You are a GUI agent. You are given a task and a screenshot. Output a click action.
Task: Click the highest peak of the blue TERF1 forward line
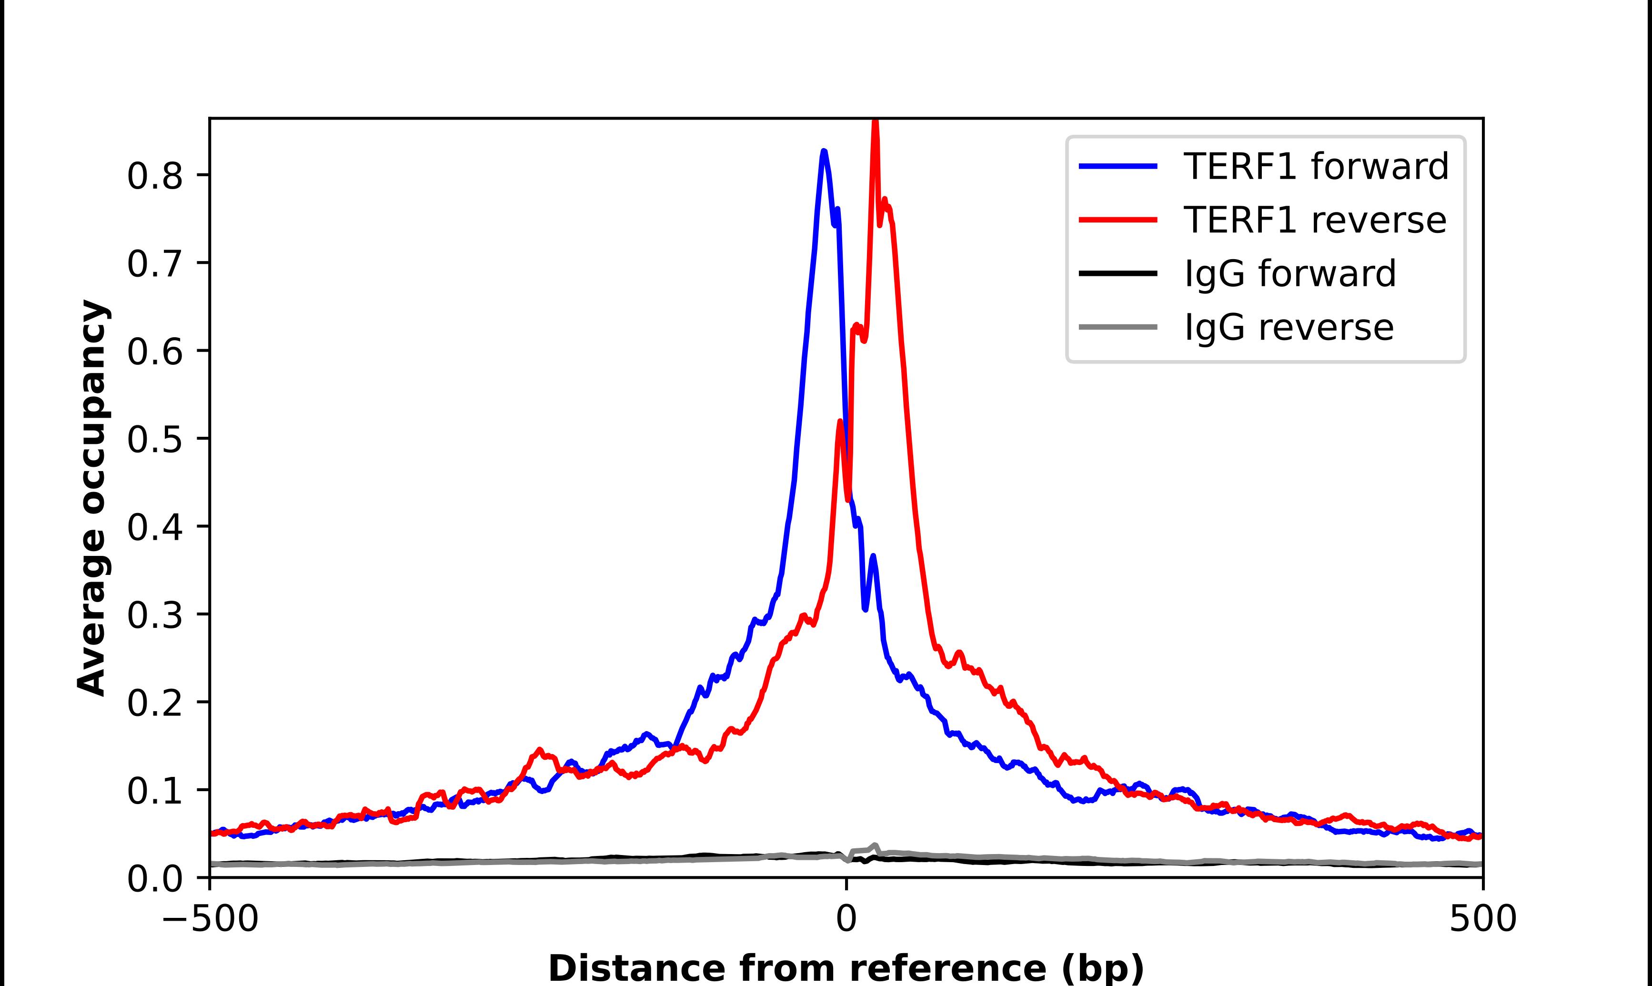click(824, 152)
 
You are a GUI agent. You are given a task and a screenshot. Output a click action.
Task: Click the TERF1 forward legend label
click(1316, 166)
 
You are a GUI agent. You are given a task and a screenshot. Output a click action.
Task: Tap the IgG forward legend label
click(1290, 274)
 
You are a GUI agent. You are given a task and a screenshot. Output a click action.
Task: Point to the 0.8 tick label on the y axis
click(154, 176)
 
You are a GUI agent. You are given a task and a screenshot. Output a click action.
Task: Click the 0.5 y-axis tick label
click(154, 439)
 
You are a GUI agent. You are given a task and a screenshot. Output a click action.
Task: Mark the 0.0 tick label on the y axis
click(154, 878)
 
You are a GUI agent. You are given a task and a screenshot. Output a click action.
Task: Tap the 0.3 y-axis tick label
click(154, 615)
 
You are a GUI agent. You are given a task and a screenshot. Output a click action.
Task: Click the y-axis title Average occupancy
click(91, 498)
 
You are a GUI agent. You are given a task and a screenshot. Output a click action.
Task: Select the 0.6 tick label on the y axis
click(154, 352)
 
